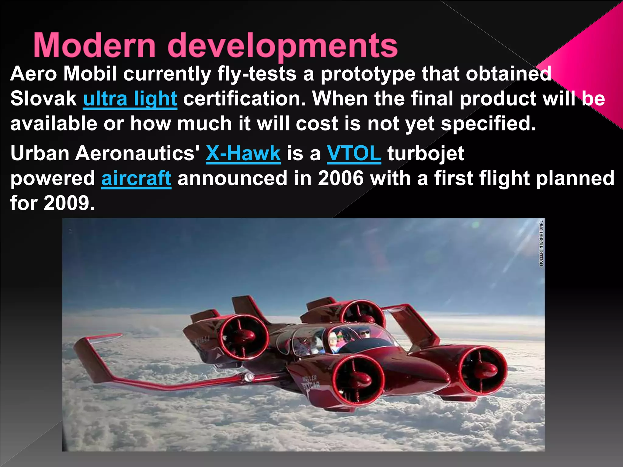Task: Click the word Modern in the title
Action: click(x=94, y=46)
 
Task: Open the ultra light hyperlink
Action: click(x=130, y=99)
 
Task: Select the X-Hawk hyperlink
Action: click(x=243, y=153)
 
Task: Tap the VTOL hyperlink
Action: click(x=354, y=153)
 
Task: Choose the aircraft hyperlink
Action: click(x=136, y=178)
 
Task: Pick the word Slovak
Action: click(x=44, y=99)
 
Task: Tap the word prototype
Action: click(x=368, y=74)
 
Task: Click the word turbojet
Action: click(x=426, y=153)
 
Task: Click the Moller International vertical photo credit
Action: click(x=541, y=243)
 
